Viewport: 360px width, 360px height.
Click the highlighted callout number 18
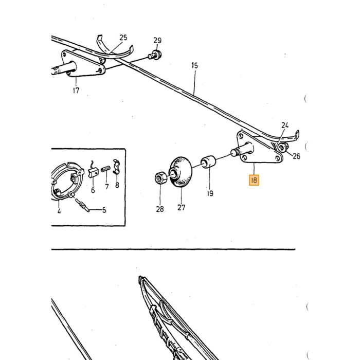(254, 180)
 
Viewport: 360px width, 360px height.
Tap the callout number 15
(194, 65)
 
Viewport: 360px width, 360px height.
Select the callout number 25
(123, 38)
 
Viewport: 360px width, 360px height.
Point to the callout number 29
(157, 41)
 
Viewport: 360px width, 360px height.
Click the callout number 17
(76, 90)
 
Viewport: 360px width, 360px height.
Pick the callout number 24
(285, 125)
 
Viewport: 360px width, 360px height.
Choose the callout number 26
(296, 156)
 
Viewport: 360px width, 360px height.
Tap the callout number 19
(210, 193)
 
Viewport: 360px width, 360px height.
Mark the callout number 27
(181, 207)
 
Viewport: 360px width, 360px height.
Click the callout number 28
(160, 209)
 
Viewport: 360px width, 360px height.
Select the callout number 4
(59, 211)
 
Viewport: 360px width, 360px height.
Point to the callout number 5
(104, 210)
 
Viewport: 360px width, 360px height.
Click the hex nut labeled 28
(160, 177)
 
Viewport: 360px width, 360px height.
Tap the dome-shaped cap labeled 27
(181, 172)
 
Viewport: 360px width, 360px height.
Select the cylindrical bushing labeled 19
(208, 161)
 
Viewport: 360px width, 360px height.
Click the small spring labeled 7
(105, 169)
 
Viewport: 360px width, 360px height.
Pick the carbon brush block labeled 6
(93, 172)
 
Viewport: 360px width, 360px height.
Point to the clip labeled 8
(116, 167)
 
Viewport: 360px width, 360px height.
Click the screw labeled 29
(155, 55)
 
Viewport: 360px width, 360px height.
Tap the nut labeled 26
(282, 147)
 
